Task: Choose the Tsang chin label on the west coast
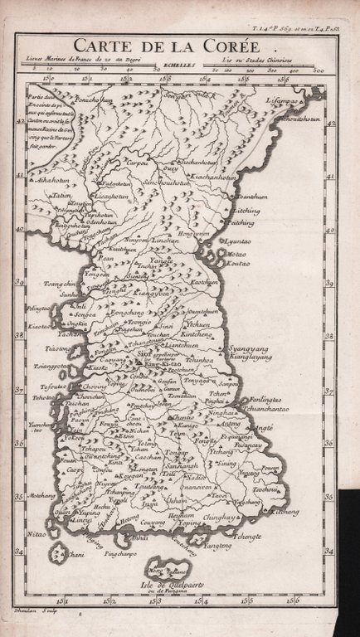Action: [x=59, y=283]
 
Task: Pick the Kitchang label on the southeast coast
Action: [x=285, y=512]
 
